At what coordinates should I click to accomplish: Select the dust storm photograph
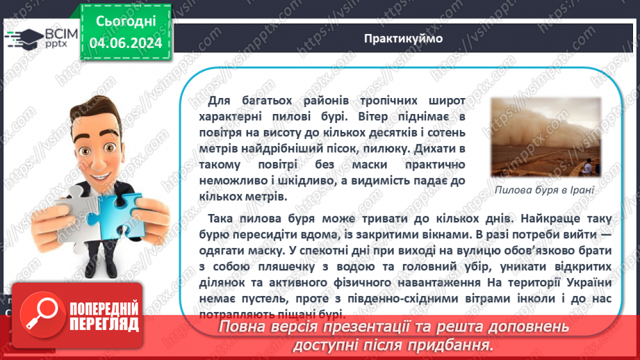[x=545, y=137]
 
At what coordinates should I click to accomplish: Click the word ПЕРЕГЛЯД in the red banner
[x=104, y=324]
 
